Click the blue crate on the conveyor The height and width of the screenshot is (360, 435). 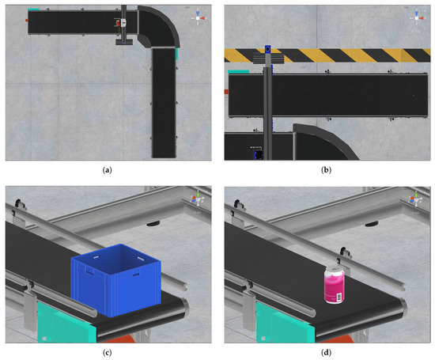tap(115, 280)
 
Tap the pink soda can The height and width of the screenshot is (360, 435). tap(335, 285)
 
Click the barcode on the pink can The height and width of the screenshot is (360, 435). tap(339, 297)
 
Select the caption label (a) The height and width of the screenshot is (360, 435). tap(107, 170)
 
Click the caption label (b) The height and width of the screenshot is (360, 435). tap(326, 170)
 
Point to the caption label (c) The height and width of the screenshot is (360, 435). tap(107, 353)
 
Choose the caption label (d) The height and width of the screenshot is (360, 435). tap(326, 353)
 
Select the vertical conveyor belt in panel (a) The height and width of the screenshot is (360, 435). tap(164, 103)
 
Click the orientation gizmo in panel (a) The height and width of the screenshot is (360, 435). tap(198, 18)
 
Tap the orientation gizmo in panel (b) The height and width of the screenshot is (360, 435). tap(417, 18)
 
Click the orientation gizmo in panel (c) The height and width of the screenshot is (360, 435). tap(198, 199)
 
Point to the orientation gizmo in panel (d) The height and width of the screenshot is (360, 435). tap(416, 199)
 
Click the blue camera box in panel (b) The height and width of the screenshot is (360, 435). tap(267, 49)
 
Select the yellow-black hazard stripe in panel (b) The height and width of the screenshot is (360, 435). tap(327, 55)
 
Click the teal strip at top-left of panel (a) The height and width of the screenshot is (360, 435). tap(33, 9)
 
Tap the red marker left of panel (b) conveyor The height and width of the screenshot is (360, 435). tap(226, 92)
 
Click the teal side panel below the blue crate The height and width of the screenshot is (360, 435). tap(66, 324)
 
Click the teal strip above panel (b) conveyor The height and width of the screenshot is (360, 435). tap(239, 72)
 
